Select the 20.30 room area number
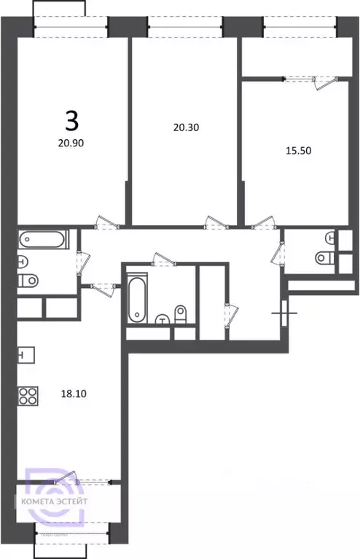pyautogui.click(x=186, y=127)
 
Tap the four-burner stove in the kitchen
pyautogui.click(x=28, y=396)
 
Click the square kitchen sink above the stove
pyautogui.click(x=24, y=356)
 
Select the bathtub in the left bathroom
pyautogui.click(x=43, y=239)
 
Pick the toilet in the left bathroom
pyautogui.click(x=29, y=281)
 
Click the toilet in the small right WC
pyautogui.click(x=324, y=257)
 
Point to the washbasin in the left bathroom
pyautogui.click(x=23, y=262)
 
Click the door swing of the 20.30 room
pyautogui.click(x=213, y=220)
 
